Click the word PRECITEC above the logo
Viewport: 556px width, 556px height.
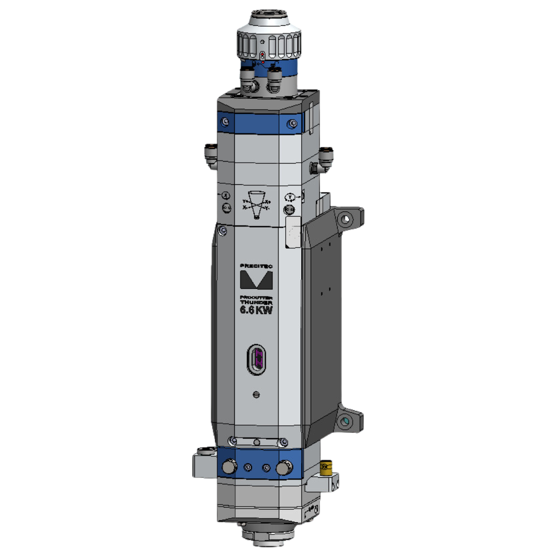[256, 266]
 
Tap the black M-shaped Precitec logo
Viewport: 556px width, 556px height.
[256, 280]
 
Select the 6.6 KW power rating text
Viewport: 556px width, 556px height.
[256, 310]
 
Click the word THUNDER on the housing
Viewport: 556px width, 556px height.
[256, 303]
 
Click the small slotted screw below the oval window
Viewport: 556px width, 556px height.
[256, 394]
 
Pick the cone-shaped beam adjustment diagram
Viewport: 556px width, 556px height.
[256, 204]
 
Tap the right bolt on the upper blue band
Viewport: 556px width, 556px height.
[292, 123]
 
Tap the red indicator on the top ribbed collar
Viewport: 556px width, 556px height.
[262, 55]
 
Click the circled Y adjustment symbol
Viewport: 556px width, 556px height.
[290, 197]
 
